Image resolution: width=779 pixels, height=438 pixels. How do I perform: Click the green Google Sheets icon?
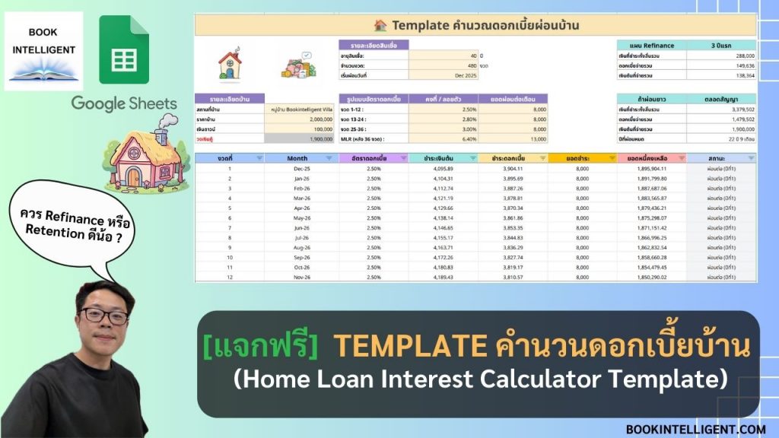[x=124, y=50]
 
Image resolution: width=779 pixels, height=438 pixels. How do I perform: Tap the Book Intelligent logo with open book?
[x=43, y=51]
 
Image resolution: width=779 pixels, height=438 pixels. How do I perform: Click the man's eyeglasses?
[x=104, y=316]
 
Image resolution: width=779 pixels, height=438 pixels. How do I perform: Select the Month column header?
[x=297, y=158]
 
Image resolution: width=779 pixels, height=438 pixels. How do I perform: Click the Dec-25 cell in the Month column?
[x=297, y=169]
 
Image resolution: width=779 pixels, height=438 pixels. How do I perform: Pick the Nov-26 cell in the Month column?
[x=297, y=278]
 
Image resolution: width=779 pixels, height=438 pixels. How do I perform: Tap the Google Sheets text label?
[x=124, y=103]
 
